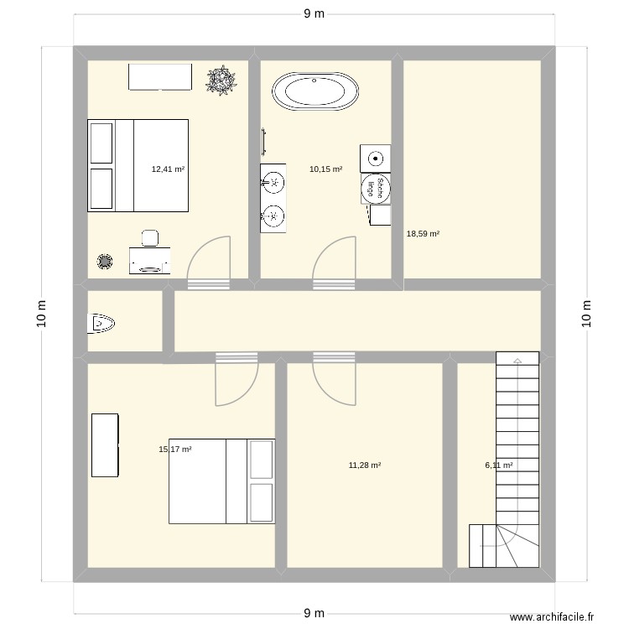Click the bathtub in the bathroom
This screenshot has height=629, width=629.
(317, 91)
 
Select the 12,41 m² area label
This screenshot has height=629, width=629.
(168, 169)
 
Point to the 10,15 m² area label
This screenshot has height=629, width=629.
(325, 169)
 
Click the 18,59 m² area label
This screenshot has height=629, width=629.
(423, 234)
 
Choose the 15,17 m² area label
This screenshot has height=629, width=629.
(175, 450)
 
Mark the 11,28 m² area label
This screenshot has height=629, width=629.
(365, 465)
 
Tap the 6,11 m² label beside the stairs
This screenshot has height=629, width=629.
(498, 465)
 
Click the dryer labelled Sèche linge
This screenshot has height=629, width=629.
(375, 188)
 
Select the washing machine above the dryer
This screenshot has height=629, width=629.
(375, 158)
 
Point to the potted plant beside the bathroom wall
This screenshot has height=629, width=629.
(221, 81)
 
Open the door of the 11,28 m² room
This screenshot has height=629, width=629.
(335, 377)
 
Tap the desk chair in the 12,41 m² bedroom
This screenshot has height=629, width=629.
(151, 237)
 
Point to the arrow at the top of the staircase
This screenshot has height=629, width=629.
(517, 360)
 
